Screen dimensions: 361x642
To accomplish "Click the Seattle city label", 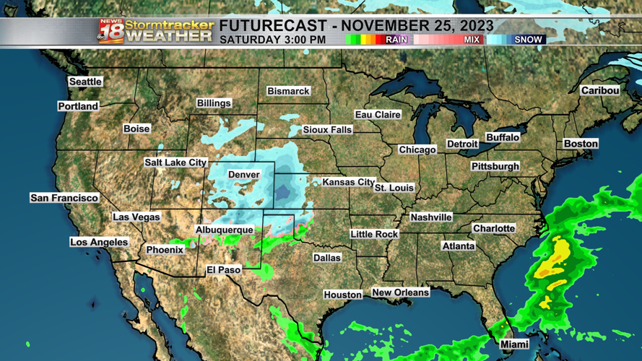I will coord(85,82).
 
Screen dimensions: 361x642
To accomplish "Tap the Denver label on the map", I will coord(244,175).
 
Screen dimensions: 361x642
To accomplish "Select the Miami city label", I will coord(514,344).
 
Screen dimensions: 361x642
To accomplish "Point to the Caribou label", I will coord(600,90).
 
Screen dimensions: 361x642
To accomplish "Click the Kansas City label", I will coord(348,183).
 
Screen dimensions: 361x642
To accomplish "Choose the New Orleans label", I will coord(400,292).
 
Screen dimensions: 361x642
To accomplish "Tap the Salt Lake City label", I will coord(175,162).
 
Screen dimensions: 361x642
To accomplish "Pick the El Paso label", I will coord(223,269).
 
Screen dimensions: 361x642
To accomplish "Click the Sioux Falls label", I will coord(327,130).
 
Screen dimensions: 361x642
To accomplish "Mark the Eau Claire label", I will coord(378,115).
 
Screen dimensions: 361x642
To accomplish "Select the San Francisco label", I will coord(64,198).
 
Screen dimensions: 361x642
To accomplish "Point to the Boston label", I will coord(581,144).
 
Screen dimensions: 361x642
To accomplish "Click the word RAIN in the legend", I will coord(396,40).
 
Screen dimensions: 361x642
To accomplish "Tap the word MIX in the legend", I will coord(472,40).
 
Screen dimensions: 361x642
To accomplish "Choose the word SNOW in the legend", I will coord(528,40).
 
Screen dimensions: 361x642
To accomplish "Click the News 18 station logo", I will coord(110,31).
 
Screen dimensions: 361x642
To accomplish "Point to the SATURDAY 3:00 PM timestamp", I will coord(272,40).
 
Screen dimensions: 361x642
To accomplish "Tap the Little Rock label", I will coord(374,234).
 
